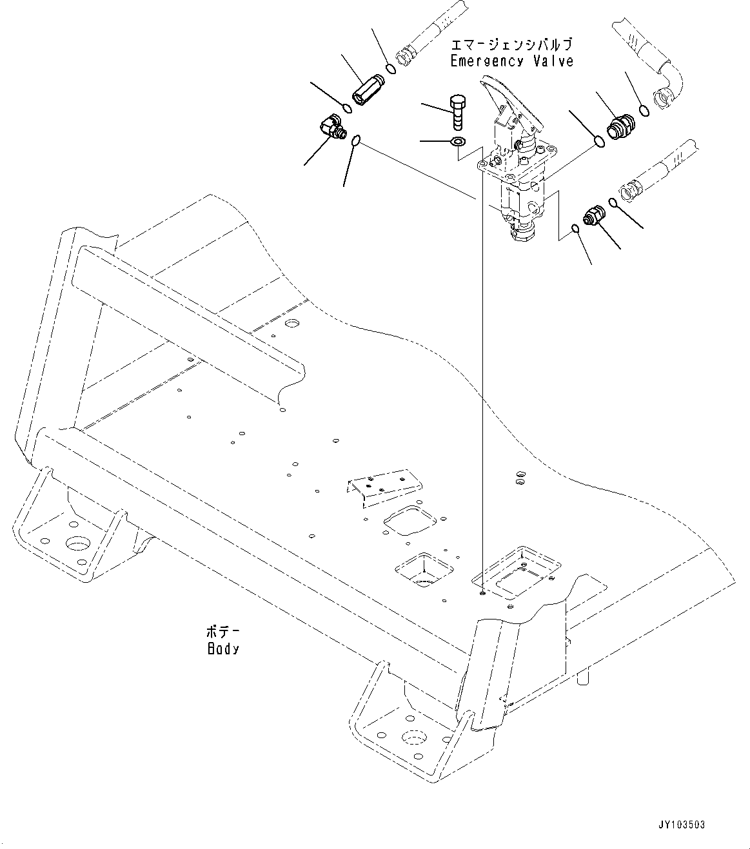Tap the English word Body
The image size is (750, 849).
pyautogui.click(x=222, y=649)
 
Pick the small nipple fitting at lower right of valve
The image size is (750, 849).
pyautogui.click(x=593, y=216)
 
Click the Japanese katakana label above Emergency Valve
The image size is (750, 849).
pyautogui.click(x=511, y=45)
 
